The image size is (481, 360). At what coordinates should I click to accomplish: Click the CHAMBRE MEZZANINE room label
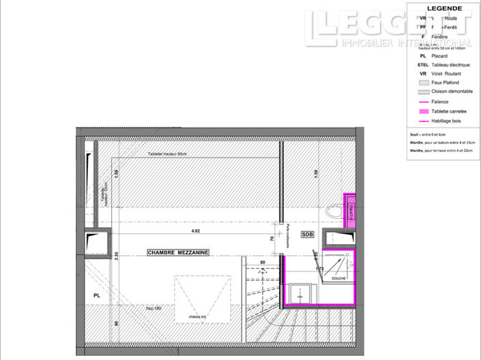(178, 252)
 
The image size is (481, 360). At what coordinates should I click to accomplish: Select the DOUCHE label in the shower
(338, 278)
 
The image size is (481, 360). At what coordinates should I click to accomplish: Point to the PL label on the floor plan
(97, 295)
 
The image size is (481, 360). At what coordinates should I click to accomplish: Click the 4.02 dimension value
(195, 230)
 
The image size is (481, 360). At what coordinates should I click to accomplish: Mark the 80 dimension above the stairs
(262, 262)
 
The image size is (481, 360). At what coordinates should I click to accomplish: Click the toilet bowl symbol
(334, 212)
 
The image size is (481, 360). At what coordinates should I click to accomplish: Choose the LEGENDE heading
(444, 8)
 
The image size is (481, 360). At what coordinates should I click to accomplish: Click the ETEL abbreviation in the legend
(423, 65)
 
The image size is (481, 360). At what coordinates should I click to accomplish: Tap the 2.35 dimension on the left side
(117, 256)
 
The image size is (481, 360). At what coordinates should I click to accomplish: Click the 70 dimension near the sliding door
(272, 239)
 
